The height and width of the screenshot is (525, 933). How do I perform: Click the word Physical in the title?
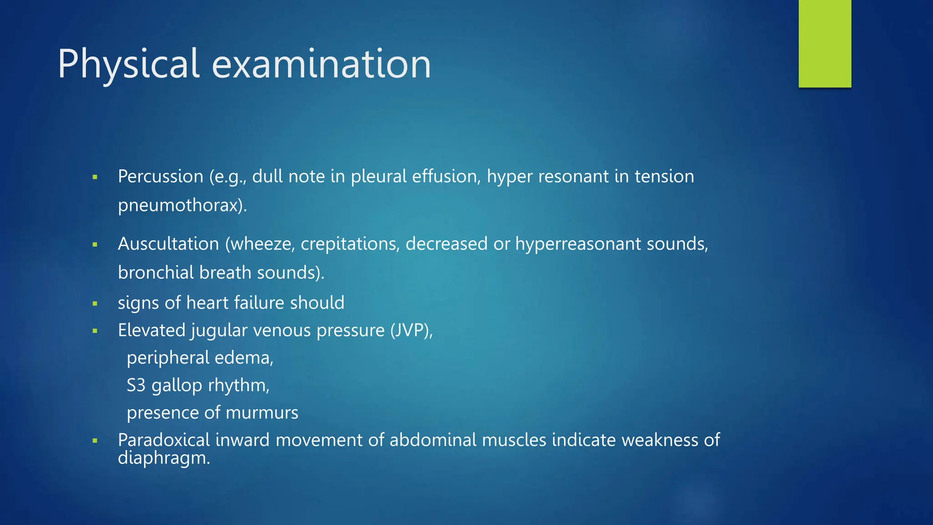[128, 64]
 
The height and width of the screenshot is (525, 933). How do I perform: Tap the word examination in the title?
[321, 64]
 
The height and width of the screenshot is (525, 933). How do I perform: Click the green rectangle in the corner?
[825, 43]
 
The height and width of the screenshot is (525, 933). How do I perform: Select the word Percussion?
[160, 176]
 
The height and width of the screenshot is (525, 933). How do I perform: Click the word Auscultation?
[168, 244]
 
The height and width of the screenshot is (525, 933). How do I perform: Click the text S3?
[136, 386]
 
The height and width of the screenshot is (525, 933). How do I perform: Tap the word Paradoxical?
[164, 440]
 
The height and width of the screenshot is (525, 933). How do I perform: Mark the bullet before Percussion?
[95, 177]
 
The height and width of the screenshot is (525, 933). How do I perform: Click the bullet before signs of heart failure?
[95, 304]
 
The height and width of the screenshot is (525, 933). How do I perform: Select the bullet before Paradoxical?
[95, 441]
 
